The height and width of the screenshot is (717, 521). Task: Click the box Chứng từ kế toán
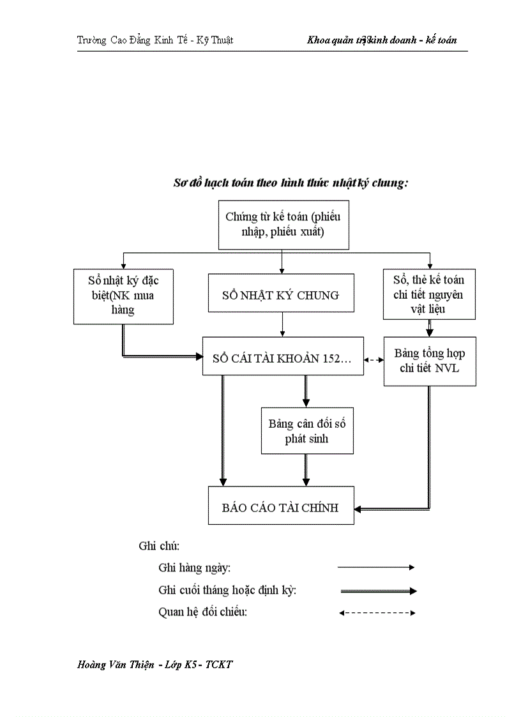tap(283, 224)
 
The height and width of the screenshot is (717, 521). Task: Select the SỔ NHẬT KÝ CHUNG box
tap(281, 295)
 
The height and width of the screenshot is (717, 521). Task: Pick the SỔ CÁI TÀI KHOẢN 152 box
tap(283, 359)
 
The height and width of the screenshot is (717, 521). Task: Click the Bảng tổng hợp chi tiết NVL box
tap(430, 361)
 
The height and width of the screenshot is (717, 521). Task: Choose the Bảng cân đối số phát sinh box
tap(307, 431)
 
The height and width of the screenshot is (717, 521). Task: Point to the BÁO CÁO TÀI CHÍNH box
tap(281, 508)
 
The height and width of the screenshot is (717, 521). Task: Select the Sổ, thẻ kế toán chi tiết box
tap(429, 294)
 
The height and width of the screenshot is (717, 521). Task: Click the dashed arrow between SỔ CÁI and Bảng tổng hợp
tap(374, 360)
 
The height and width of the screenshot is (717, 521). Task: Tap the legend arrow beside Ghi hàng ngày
tap(376, 567)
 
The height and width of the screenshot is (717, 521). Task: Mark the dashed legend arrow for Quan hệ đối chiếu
tap(377, 613)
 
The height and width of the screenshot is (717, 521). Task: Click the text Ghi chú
tap(159, 547)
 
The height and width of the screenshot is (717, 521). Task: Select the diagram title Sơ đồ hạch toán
tap(291, 183)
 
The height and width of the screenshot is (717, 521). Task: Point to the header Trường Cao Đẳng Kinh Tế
tap(155, 40)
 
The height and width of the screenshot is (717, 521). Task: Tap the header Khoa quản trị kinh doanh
tap(382, 40)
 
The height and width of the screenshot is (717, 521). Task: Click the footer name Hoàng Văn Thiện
tap(116, 665)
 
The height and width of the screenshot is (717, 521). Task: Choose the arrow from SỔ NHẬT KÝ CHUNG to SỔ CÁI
tap(282, 325)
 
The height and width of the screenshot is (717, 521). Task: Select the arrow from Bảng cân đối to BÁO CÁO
tap(306, 471)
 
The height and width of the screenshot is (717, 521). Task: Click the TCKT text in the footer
tap(219, 665)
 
